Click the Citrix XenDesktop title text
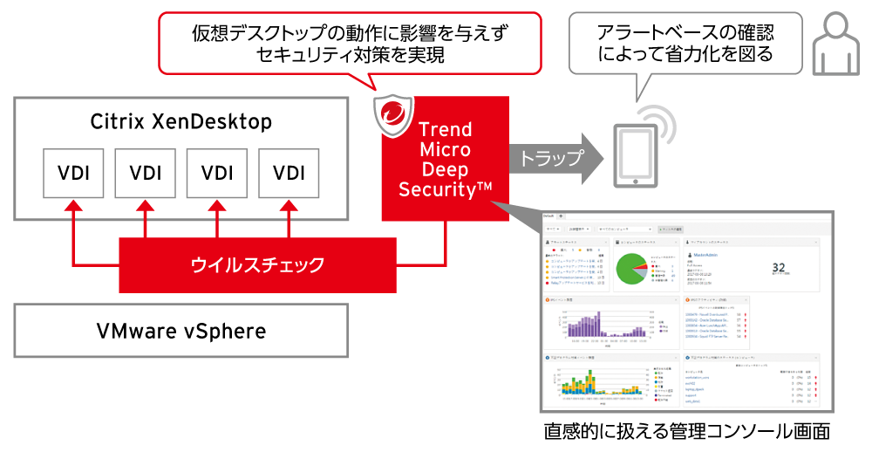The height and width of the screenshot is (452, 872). (x=181, y=121)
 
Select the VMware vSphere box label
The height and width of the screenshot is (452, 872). (x=181, y=331)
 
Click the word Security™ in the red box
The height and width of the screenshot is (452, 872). (x=446, y=189)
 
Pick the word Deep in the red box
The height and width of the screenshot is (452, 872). (x=445, y=169)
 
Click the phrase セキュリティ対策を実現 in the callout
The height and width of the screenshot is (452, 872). (x=351, y=55)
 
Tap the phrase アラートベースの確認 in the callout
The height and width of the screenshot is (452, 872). (x=685, y=33)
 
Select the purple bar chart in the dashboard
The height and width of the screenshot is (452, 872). (x=593, y=325)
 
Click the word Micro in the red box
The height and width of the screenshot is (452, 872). (x=445, y=149)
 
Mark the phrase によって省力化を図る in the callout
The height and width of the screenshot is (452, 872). (x=685, y=55)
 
